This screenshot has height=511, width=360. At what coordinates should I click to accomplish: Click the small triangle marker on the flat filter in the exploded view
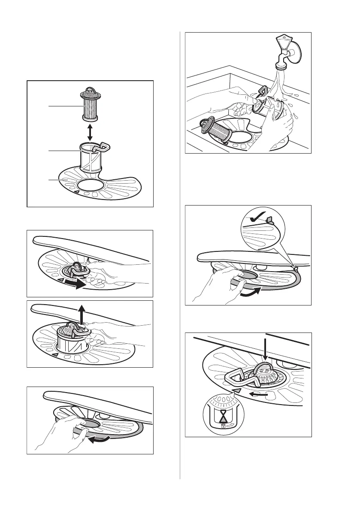(77, 193)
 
